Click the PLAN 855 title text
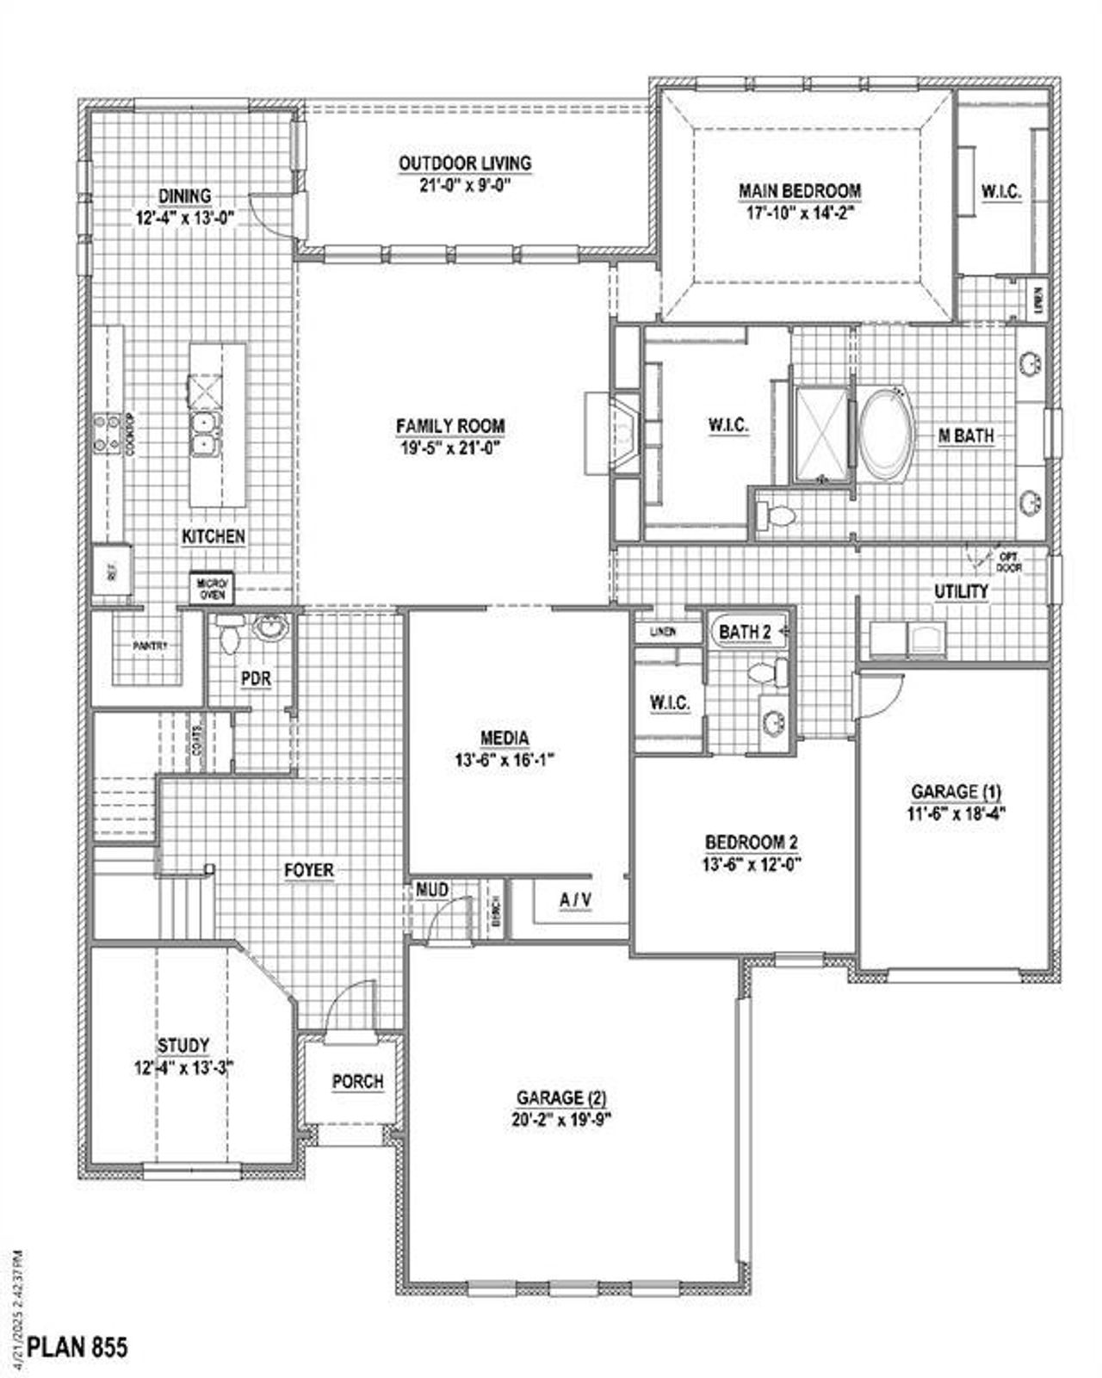pyautogui.click(x=77, y=1346)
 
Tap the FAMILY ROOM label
pyautogui.click(x=450, y=426)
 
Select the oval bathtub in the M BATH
pyautogui.click(x=885, y=434)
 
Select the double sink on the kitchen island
pyautogui.click(x=205, y=433)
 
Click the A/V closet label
pyautogui.click(x=575, y=900)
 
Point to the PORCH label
pyautogui.click(x=357, y=1081)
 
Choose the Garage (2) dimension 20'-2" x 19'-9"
pyautogui.click(x=562, y=1119)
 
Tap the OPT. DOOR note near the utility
pyautogui.click(x=1008, y=563)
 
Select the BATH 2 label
pyautogui.click(x=745, y=632)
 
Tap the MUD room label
pyautogui.click(x=431, y=889)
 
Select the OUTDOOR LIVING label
pyautogui.click(x=464, y=163)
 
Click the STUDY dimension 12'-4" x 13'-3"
pyautogui.click(x=183, y=1068)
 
